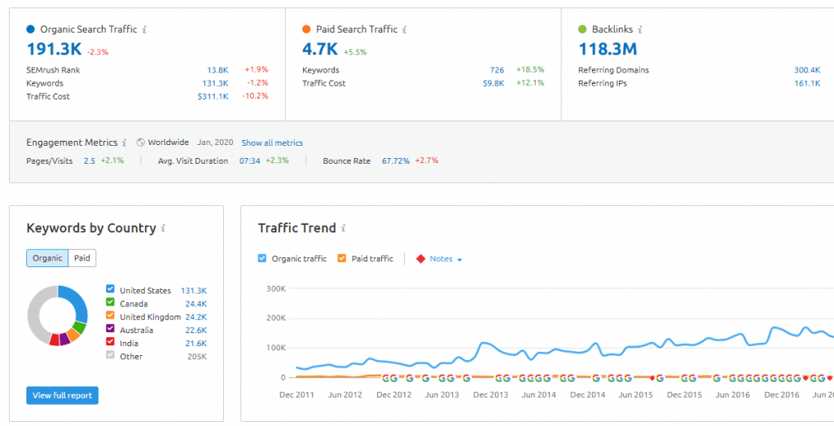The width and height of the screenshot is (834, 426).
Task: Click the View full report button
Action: pyautogui.click(x=62, y=395)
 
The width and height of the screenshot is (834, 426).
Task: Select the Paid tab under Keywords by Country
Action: pyautogui.click(x=82, y=258)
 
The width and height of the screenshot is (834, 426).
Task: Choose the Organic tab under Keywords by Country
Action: pyautogui.click(x=47, y=258)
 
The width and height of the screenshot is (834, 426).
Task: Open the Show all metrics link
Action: pyautogui.click(x=272, y=143)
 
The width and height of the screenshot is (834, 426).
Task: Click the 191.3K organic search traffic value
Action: pyautogui.click(x=54, y=50)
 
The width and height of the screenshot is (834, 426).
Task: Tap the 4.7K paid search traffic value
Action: pyautogui.click(x=320, y=50)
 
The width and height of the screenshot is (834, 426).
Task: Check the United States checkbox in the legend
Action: pyautogui.click(x=111, y=290)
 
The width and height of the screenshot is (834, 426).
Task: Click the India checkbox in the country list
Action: pyautogui.click(x=111, y=343)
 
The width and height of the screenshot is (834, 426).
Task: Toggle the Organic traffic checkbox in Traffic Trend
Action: pyautogui.click(x=262, y=259)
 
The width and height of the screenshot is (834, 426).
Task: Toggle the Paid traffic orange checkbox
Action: pyautogui.click(x=342, y=259)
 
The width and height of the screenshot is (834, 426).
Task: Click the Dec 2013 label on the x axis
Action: pyautogui.click(x=491, y=395)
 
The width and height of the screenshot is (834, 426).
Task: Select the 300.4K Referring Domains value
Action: pyautogui.click(x=806, y=70)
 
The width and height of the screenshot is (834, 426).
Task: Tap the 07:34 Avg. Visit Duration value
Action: pyautogui.click(x=249, y=161)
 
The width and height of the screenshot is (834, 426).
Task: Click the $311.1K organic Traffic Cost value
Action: pyautogui.click(x=213, y=97)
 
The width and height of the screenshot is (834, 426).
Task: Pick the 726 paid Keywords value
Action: pyautogui.click(x=497, y=70)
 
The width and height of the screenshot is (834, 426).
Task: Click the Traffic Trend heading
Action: pyautogui.click(x=296, y=228)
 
